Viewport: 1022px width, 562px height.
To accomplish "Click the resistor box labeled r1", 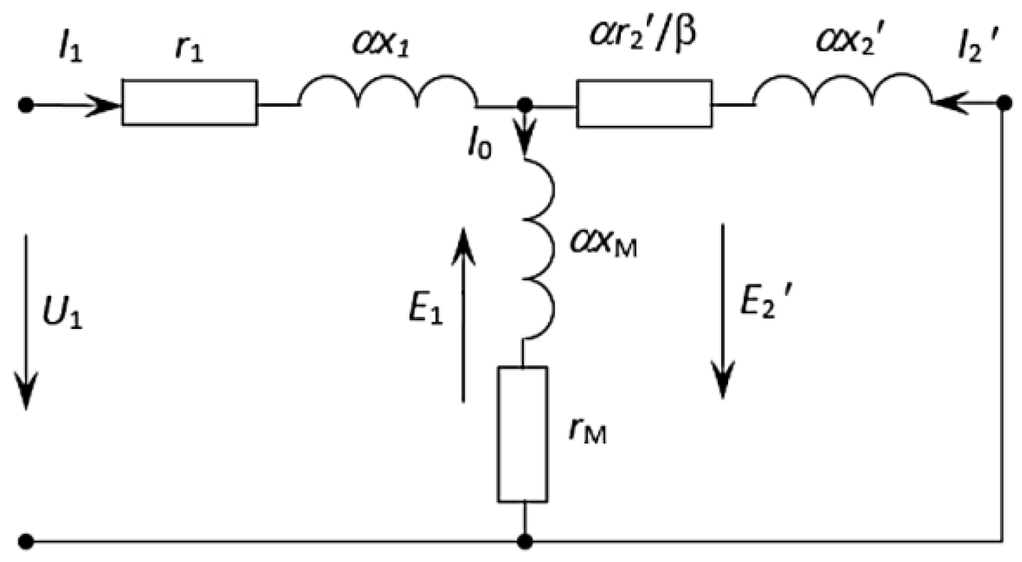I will click(x=190, y=103).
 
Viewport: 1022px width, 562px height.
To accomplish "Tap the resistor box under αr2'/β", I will click(x=644, y=104).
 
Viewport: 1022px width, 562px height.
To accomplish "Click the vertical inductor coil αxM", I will click(x=540, y=248).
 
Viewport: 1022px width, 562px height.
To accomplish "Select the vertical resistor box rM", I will click(x=523, y=434).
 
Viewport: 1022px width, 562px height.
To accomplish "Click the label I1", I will click(x=70, y=48).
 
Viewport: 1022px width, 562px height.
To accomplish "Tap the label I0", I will click(x=480, y=147).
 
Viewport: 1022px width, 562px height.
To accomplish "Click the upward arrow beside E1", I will click(x=463, y=314).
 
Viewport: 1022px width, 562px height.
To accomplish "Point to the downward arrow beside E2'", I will click(x=722, y=312).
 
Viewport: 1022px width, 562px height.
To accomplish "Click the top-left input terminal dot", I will click(x=26, y=106).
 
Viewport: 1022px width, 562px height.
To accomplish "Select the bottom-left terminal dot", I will click(x=26, y=542).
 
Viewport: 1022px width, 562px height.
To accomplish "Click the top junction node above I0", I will click(x=525, y=105).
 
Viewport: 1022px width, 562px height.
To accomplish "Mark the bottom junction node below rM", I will click(x=525, y=542).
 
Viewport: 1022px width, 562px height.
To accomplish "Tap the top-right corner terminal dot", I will click(x=1004, y=104).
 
